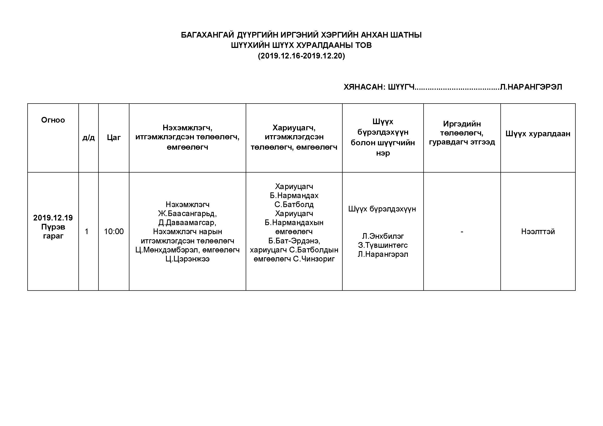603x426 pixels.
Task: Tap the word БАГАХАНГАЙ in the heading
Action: pyautogui.click(x=208, y=35)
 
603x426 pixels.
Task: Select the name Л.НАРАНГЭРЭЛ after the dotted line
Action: pyautogui.click(x=531, y=87)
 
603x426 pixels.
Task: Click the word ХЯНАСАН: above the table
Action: pyautogui.click(x=365, y=87)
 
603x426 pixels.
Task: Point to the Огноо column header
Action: pyautogui.click(x=53, y=120)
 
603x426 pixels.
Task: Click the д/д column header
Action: pyautogui.click(x=88, y=137)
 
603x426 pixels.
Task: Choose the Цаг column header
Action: pyautogui.click(x=114, y=137)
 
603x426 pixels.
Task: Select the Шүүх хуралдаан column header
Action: pyautogui.click(x=538, y=134)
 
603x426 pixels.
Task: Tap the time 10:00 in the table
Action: pyautogui.click(x=114, y=231)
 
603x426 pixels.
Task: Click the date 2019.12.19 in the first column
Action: pyautogui.click(x=53, y=218)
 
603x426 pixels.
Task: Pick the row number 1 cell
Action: pyautogui.click(x=86, y=231)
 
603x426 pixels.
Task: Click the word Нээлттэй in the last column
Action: pyautogui.click(x=538, y=231)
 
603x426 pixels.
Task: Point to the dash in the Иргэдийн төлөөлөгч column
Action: pyautogui.click(x=462, y=232)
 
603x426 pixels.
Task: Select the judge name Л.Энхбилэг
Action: pyautogui.click(x=383, y=236)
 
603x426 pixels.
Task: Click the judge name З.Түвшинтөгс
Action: pyautogui.click(x=383, y=245)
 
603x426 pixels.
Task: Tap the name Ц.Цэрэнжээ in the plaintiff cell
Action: pyautogui.click(x=187, y=259)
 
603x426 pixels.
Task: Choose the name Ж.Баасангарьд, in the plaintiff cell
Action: pyautogui.click(x=187, y=214)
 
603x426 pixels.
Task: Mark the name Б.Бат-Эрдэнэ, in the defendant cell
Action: pyautogui.click(x=294, y=241)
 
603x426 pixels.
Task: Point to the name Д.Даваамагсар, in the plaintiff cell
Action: pyautogui.click(x=187, y=223)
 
